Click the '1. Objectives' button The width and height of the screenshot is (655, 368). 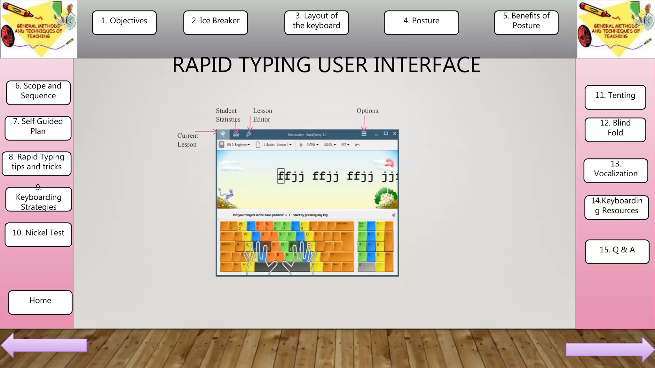point(124,22)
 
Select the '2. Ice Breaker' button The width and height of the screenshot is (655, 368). point(215,22)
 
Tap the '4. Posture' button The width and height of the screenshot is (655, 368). point(421,22)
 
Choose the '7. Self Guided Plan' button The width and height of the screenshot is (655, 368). point(38,128)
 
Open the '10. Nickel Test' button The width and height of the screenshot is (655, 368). point(38,234)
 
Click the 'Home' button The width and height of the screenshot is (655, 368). point(40,302)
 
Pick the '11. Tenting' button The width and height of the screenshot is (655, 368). point(615,97)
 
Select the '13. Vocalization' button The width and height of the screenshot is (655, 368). point(616,171)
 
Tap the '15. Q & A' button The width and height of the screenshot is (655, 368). point(617,251)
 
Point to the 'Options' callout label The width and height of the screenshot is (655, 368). point(367,111)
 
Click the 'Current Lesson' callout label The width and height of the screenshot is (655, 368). point(187,140)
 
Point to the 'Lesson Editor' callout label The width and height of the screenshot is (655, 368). point(262,115)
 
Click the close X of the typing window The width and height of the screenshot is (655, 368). point(395,134)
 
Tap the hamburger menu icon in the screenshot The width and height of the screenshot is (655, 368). point(364,134)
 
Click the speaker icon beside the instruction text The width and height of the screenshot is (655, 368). point(394,215)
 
